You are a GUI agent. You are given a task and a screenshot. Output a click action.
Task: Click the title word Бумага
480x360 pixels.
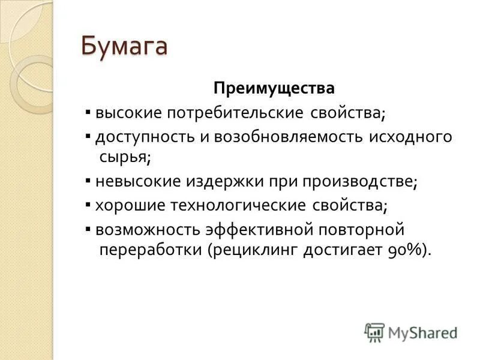(124, 46)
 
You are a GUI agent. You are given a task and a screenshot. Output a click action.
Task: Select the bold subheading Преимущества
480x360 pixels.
(274, 89)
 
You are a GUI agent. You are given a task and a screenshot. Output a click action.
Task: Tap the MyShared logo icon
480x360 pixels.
(374, 332)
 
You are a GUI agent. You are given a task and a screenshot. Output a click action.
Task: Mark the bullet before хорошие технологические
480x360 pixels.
(88, 205)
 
